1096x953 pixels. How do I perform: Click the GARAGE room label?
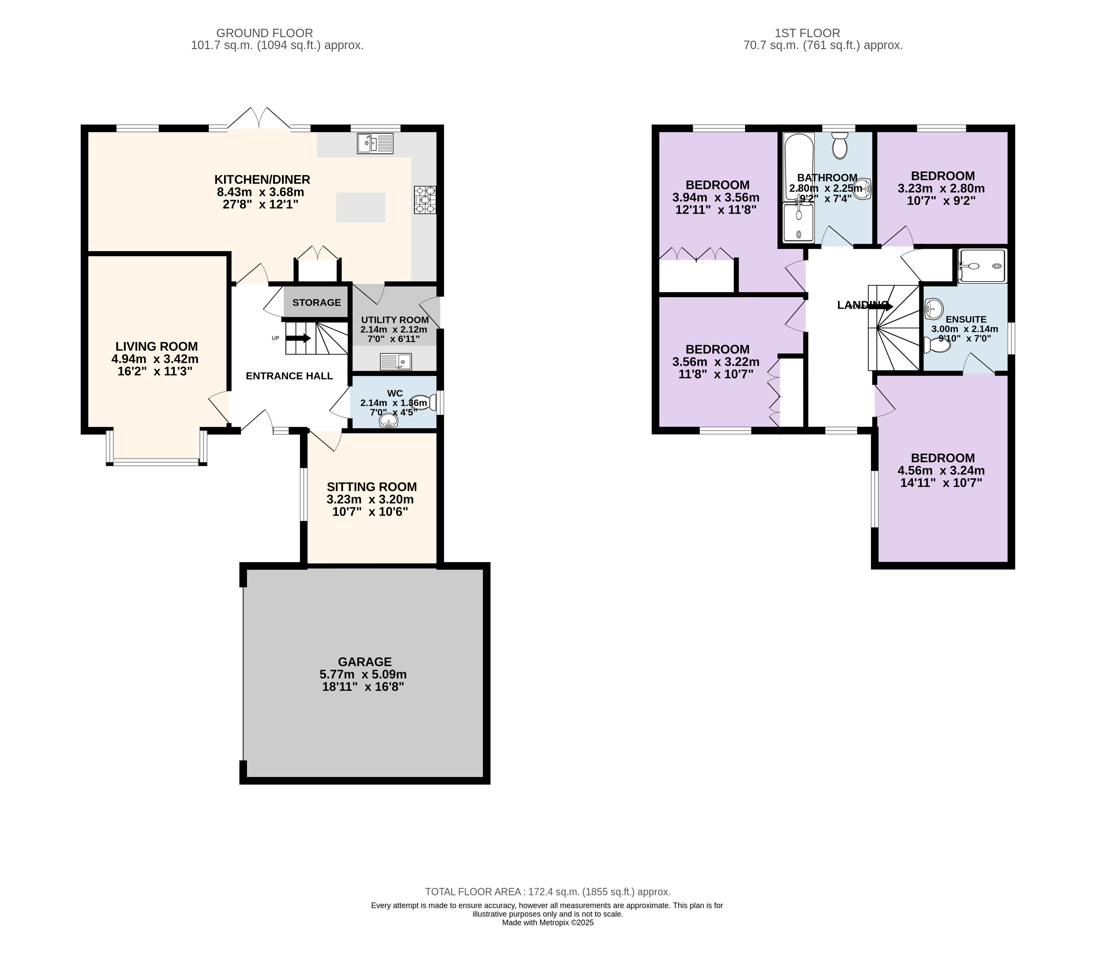coord(365,662)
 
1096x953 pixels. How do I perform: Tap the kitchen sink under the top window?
coord(375,143)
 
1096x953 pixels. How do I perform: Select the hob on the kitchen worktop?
coord(425,199)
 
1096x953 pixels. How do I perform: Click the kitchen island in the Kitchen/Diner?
coord(360,207)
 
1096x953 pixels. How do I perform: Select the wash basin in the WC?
coord(388,421)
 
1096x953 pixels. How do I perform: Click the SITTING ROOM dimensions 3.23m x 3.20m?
coord(370,499)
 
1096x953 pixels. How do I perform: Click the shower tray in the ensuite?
coord(982,266)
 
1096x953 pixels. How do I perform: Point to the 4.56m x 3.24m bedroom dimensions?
coord(941,471)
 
